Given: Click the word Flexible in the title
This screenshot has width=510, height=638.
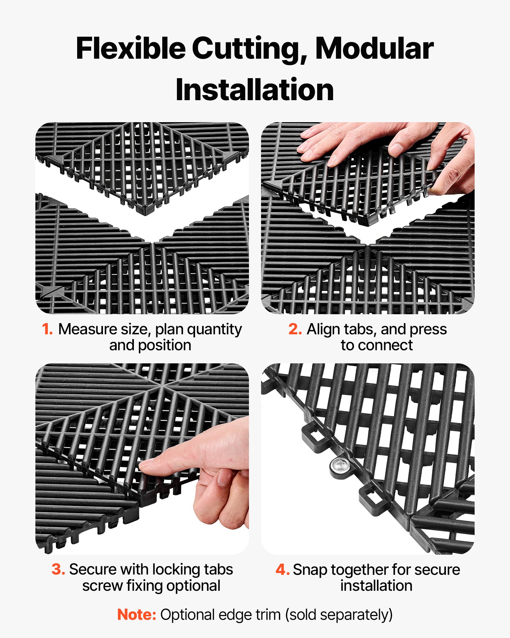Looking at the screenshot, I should (x=131, y=48).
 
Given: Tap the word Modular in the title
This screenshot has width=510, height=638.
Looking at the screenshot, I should (x=374, y=48).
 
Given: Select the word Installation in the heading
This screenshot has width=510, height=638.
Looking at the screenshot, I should (x=255, y=90).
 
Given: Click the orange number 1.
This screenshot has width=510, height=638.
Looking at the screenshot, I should (x=47, y=329).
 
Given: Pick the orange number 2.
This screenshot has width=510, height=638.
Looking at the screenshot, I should (x=295, y=329).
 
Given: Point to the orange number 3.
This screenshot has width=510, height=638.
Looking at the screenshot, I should (x=58, y=570).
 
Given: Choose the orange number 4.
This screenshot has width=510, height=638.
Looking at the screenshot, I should (x=282, y=570).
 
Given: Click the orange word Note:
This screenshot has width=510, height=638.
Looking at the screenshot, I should (x=137, y=615).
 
